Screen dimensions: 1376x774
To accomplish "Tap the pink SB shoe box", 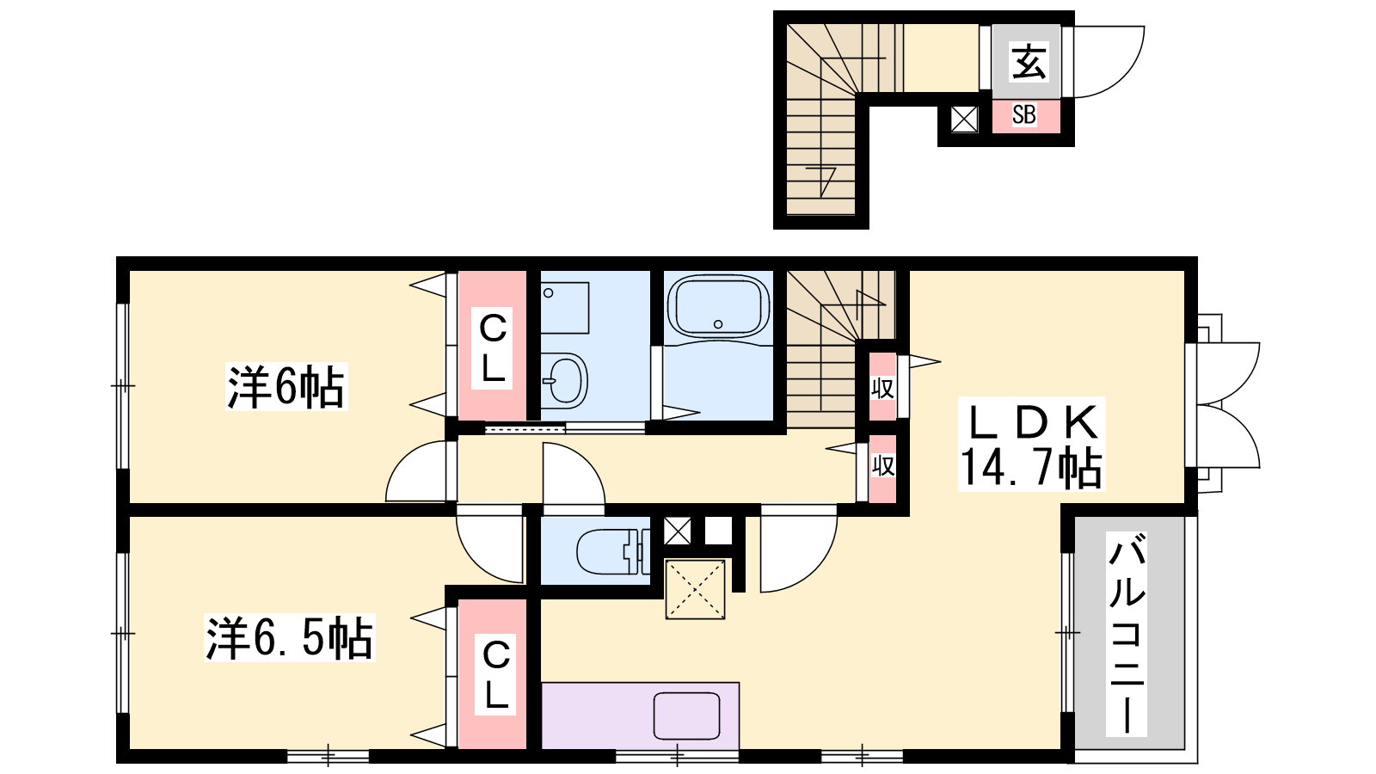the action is coord(1026,115).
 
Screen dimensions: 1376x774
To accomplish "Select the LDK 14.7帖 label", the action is coord(1031,444).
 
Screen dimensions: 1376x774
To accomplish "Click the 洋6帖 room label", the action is coord(286,386).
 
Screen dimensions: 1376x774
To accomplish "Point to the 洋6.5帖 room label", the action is coord(289,637).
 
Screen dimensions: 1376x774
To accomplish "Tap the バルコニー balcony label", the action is coord(1126,633).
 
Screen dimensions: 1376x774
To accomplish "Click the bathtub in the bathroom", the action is coord(718,306).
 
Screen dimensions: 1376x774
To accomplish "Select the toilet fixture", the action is coord(613,551).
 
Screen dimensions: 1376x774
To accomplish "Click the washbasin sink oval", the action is coord(565,381).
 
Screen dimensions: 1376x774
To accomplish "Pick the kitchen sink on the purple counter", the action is coord(686,716).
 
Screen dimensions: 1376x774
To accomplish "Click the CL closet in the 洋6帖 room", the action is coord(493,346).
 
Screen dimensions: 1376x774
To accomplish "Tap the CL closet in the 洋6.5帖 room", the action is coord(493,674).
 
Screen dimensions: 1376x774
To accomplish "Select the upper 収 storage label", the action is coord(882,388).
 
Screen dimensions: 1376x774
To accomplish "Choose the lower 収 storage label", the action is coord(882,466).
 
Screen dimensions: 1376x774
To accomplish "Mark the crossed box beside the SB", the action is coord(964,120).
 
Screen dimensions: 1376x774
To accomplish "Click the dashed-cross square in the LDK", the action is coord(696,589).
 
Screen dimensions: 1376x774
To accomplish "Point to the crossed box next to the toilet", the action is coord(678,531).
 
